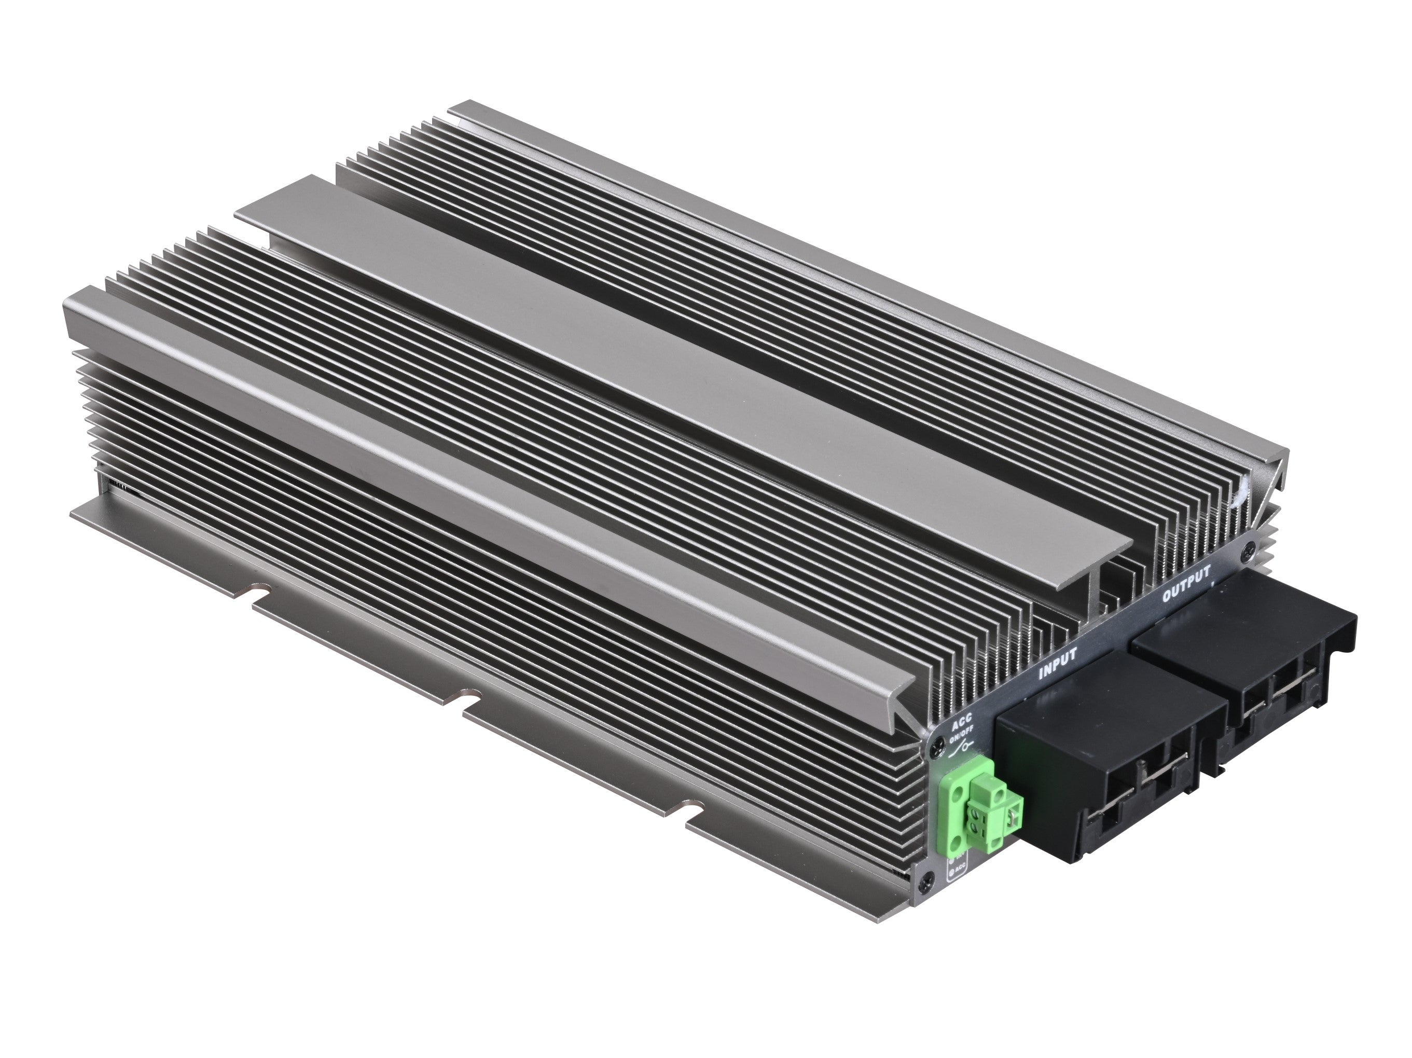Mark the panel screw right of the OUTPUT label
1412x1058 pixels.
pos(1249,547)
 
